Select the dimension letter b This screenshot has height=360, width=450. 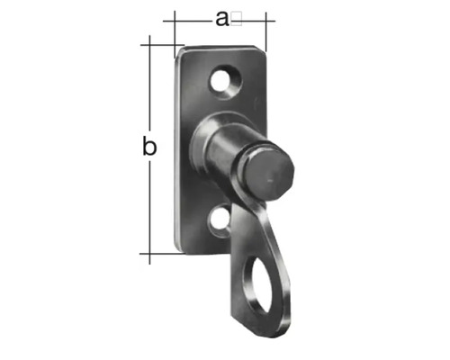(x=150, y=146)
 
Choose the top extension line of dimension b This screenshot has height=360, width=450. (x=157, y=42)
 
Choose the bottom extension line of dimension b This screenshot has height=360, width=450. (x=157, y=254)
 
